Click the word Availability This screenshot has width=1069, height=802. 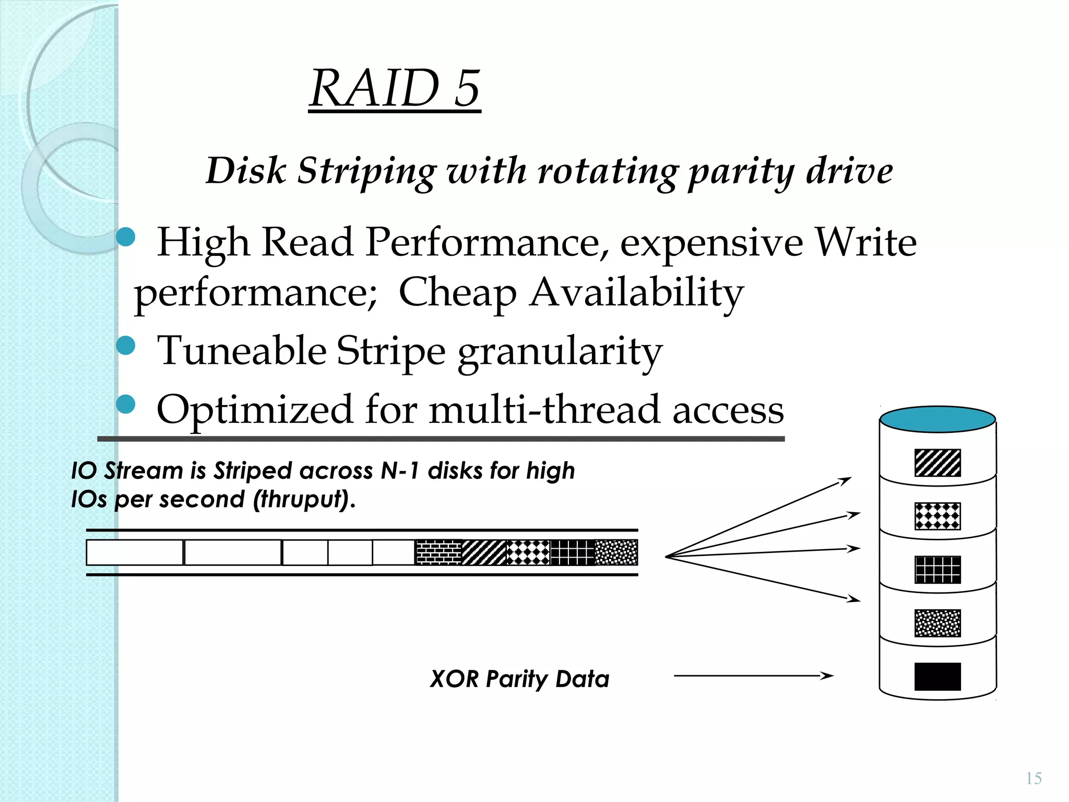(x=637, y=292)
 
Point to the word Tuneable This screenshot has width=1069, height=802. (x=242, y=351)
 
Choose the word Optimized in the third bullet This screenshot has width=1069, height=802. (x=255, y=410)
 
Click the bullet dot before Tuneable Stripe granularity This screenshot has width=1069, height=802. (x=125, y=345)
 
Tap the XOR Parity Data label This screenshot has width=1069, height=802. (x=519, y=679)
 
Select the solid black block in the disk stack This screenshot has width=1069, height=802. (x=937, y=677)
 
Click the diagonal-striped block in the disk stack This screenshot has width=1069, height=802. (x=937, y=463)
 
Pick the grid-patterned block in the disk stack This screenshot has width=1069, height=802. (x=937, y=569)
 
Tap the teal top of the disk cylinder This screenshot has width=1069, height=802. (x=937, y=419)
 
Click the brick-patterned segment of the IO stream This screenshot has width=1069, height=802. (x=438, y=552)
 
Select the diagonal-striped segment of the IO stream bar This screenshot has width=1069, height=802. (x=484, y=552)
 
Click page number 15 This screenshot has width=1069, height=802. (x=1033, y=779)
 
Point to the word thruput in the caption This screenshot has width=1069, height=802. (x=301, y=500)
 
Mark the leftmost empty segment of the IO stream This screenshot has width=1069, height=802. (x=135, y=552)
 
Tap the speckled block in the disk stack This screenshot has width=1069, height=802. (x=937, y=623)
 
